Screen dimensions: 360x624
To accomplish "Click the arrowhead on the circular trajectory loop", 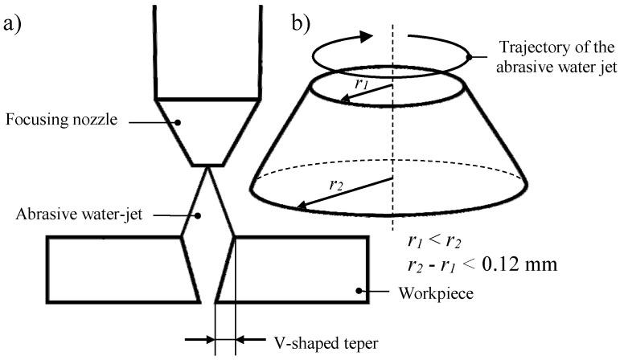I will pos(366,36).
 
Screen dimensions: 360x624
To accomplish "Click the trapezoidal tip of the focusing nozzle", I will pos(208,133).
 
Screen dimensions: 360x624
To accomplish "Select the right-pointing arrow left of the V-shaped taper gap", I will pos(200,339).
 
